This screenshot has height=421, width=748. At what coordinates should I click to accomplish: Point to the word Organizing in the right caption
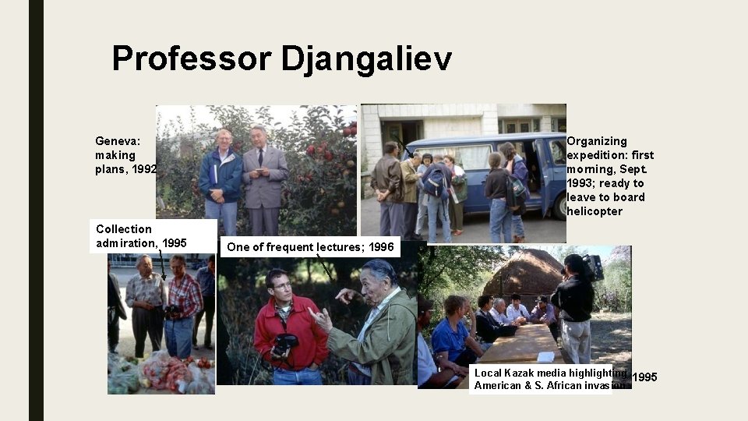(x=597, y=141)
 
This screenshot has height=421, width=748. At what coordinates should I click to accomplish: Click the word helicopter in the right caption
(x=595, y=211)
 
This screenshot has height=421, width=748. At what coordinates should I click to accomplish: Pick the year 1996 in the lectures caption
(x=381, y=247)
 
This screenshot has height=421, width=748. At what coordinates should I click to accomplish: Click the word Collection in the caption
(x=124, y=228)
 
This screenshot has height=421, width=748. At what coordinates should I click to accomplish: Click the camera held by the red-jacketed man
(x=285, y=344)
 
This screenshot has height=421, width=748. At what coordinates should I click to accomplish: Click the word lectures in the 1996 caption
(x=340, y=247)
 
